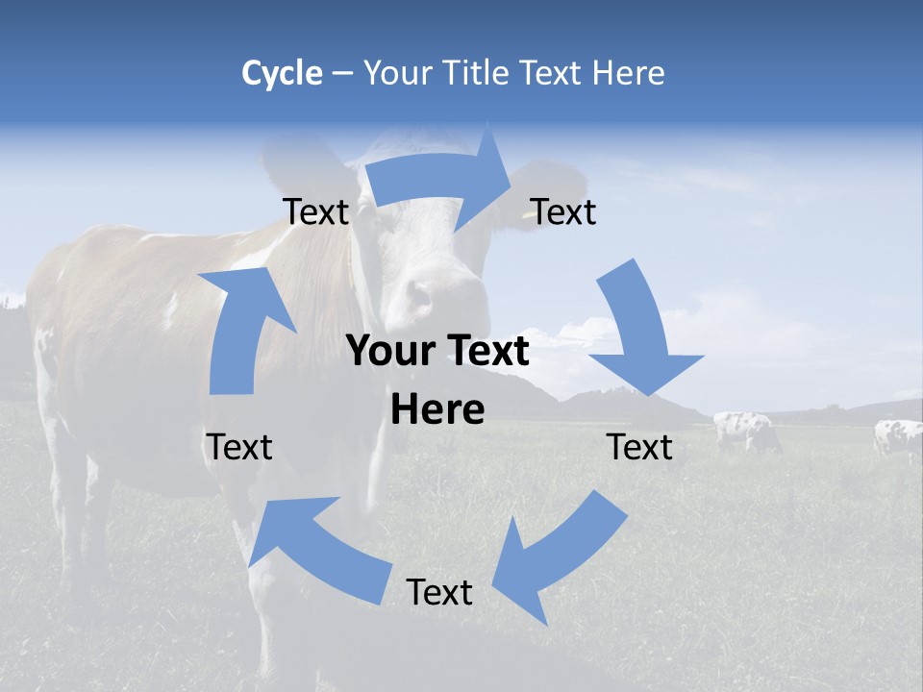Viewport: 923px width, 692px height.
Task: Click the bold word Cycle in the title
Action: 282,73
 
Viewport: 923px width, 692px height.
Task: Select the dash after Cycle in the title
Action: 342,74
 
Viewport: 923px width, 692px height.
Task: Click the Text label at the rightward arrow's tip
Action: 563,211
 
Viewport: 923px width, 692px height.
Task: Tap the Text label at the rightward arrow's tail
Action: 315,211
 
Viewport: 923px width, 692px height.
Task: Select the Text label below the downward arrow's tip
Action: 639,447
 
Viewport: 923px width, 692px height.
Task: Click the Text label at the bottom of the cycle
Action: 439,592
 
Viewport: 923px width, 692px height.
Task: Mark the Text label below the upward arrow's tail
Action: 239,447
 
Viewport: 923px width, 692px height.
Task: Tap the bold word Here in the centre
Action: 437,410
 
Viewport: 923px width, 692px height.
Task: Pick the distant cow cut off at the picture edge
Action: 899,438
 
